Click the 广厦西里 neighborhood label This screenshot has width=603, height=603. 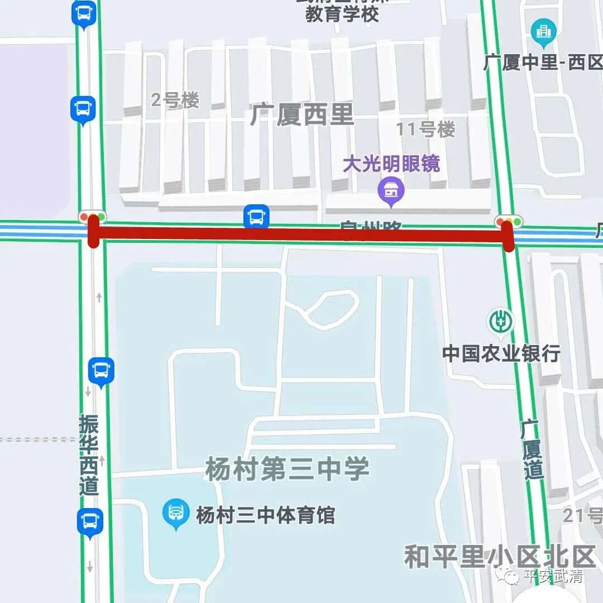click(x=302, y=116)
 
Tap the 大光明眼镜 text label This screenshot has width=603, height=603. click(x=391, y=164)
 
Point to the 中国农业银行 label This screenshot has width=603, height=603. click(x=501, y=353)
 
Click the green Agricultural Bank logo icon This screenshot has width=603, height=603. click(x=501, y=322)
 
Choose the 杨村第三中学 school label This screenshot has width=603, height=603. click(x=287, y=468)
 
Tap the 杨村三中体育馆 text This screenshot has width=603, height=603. click(x=265, y=514)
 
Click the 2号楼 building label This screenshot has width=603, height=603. click(x=175, y=101)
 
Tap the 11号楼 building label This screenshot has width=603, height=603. click(x=425, y=130)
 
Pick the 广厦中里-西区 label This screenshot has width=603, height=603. click(x=543, y=63)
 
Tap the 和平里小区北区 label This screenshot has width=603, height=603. click(x=500, y=556)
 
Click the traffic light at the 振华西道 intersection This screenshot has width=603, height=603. click(x=93, y=217)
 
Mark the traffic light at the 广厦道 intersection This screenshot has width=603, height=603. click(x=508, y=222)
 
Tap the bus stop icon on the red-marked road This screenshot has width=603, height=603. click(x=256, y=217)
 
